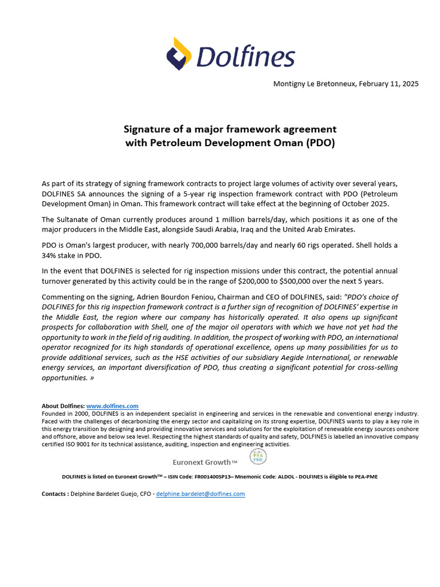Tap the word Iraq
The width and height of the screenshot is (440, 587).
(x=290, y=229)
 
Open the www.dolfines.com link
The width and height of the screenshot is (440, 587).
(x=112, y=406)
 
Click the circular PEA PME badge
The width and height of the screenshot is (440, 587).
(x=258, y=456)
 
